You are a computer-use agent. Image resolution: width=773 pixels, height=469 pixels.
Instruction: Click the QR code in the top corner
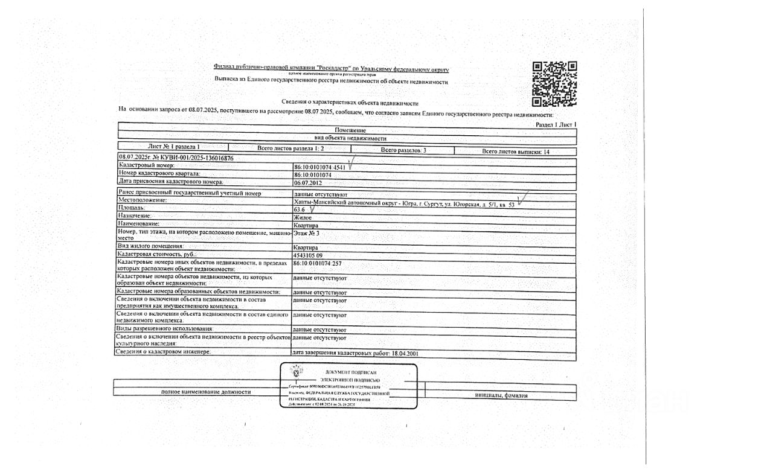[x=554, y=83]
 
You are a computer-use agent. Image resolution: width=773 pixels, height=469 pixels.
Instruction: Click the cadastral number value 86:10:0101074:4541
[x=319, y=167]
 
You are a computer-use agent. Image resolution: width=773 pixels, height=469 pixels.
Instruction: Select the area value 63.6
[x=299, y=209]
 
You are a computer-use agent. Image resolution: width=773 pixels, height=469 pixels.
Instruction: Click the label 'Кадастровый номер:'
[x=147, y=165]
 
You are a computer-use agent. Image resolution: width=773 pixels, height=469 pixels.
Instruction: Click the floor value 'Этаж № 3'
[x=306, y=232]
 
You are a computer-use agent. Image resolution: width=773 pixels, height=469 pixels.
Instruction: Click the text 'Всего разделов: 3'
[x=403, y=150]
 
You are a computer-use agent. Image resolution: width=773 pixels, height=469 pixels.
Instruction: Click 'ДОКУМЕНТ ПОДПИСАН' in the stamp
[x=351, y=372]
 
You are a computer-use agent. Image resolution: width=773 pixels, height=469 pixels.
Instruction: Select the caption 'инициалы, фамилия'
[x=501, y=395]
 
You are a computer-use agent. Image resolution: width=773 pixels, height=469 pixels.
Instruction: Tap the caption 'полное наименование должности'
[x=205, y=392]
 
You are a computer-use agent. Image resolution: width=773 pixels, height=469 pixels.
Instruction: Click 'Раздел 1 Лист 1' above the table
[x=556, y=124]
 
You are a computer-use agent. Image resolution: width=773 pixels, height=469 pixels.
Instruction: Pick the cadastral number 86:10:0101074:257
[x=317, y=264]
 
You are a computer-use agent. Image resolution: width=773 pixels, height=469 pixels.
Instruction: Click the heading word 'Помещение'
[x=350, y=130]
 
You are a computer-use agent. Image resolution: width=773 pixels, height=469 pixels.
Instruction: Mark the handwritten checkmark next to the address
[x=523, y=199]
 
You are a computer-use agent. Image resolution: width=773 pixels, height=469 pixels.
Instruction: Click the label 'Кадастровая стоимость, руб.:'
[x=158, y=255]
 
